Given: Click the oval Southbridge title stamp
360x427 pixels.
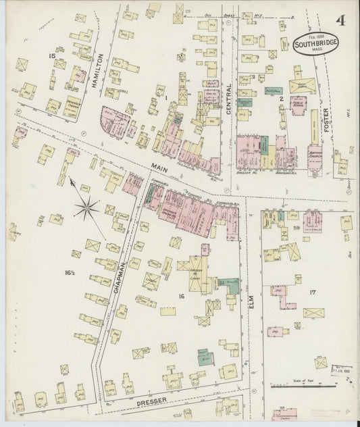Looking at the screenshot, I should point(316,43).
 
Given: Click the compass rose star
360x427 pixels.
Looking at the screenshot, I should point(87,207).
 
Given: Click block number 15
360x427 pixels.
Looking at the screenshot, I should point(51,55).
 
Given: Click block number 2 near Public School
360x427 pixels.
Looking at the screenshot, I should point(281,99).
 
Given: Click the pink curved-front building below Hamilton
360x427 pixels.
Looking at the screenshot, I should point(114,121).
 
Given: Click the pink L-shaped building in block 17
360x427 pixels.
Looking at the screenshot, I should point(284,296).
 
